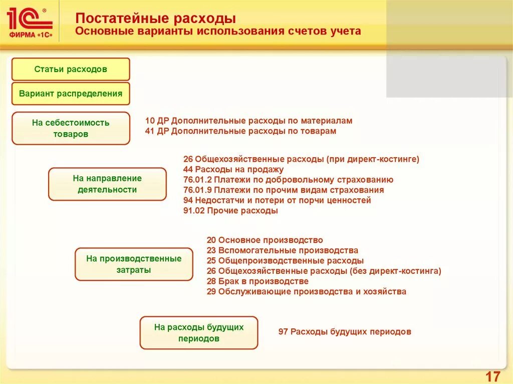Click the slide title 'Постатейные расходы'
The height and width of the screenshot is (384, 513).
[155, 19]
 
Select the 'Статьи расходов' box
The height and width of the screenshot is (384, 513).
[71, 69]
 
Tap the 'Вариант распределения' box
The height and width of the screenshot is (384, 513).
[71, 94]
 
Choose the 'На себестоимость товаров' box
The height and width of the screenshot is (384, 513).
[71, 128]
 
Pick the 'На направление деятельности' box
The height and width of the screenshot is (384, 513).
[107, 184]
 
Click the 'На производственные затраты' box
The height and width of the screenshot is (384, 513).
[134, 264]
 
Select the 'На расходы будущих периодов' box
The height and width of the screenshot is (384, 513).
[198, 332]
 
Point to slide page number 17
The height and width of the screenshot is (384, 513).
[493, 376]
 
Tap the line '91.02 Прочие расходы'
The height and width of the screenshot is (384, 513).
[230, 211]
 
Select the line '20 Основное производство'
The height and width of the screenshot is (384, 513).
[265, 240]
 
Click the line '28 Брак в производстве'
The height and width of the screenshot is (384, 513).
[257, 281]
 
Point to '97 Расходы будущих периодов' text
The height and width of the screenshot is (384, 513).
[344, 332]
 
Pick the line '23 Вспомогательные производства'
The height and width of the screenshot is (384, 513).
[282, 250]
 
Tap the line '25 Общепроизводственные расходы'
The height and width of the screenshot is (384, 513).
[285, 261]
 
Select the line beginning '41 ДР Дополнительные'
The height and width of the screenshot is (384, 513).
[240, 131]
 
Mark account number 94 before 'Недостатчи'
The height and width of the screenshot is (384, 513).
[188, 200]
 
